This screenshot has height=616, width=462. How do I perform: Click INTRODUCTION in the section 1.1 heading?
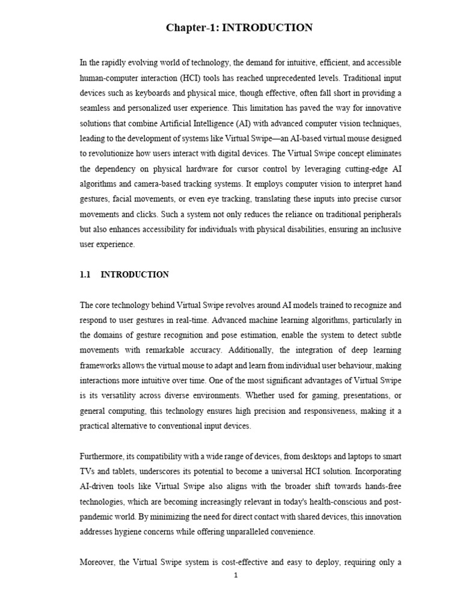[x=135, y=275]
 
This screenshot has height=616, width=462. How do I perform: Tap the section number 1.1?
[x=85, y=275]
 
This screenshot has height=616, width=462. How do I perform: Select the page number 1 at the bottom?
[x=236, y=575]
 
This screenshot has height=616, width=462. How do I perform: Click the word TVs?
[x=87, y=471]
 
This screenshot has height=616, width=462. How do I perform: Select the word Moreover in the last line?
[x=98, y=562]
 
